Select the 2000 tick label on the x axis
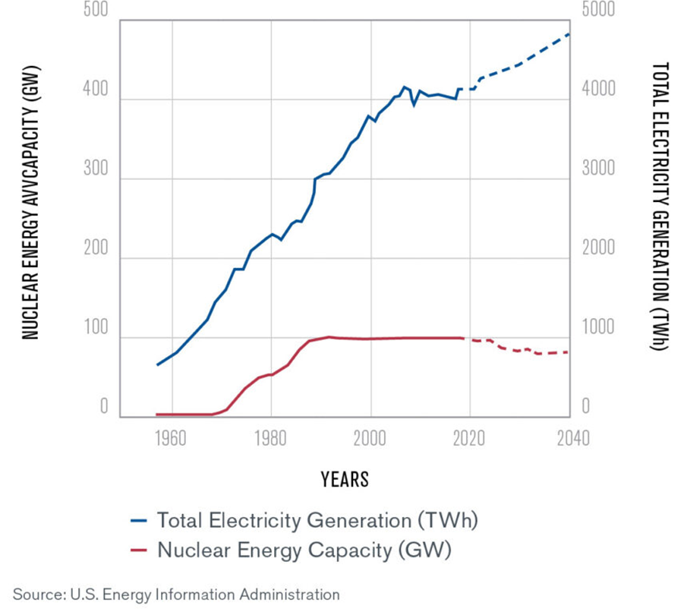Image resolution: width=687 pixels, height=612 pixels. (x=371, y=439)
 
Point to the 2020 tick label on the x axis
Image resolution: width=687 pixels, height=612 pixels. (x=471, y=439)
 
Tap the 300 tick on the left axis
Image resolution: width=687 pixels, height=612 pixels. (x=95, y=170)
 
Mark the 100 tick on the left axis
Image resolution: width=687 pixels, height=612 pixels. (x=95, y=328)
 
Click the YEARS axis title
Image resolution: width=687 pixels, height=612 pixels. (x=345, y=480)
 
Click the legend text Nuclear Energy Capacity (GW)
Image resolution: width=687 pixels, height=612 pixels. (x=304, y=550)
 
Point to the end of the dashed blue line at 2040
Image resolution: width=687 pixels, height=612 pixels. (x=569, y=34)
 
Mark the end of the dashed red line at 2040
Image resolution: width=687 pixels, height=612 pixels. (x=569, y=352)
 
